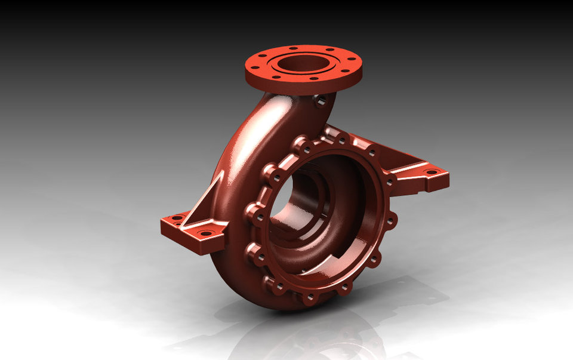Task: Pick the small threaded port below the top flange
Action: click(321, 101)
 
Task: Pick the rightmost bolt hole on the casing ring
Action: click(391, 221)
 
